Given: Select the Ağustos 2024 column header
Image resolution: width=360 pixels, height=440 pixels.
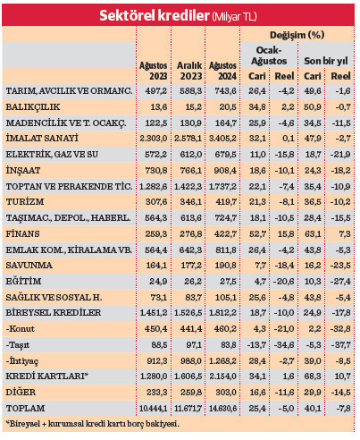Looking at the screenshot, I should (222, 71).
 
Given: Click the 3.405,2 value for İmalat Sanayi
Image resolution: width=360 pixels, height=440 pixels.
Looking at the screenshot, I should (221, 138).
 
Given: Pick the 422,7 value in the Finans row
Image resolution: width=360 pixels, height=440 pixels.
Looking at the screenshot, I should (223, 234).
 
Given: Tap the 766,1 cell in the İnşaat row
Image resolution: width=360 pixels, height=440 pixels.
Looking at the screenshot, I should (188, 169).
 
